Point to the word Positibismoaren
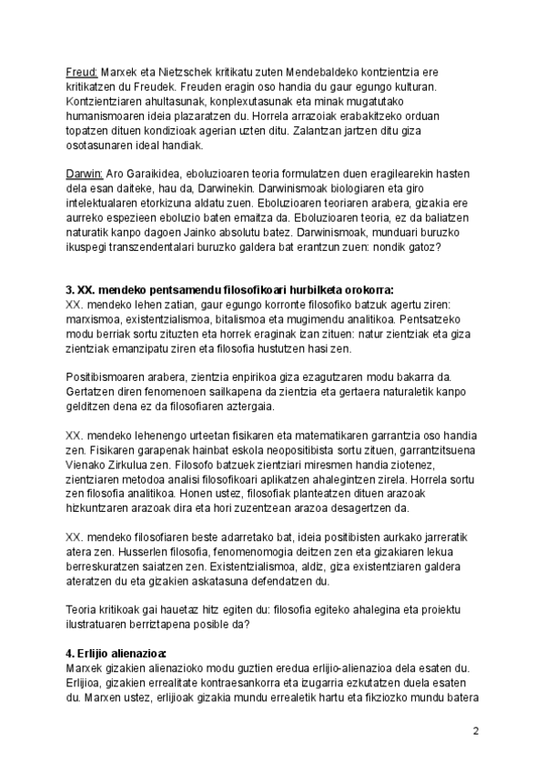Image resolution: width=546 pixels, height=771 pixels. point(112,380)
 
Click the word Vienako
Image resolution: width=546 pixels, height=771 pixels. point(89,466)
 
